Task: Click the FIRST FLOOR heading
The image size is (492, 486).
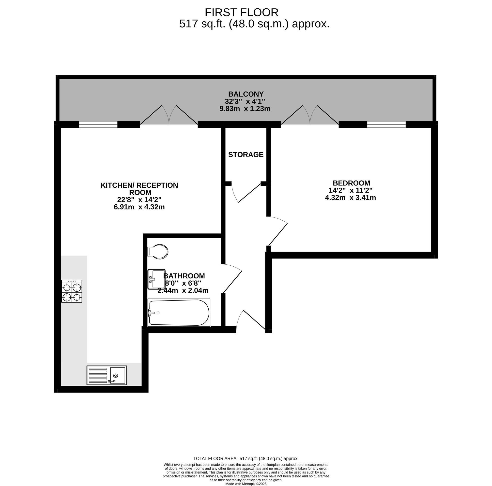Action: pyautogui.click(x=242, y=13)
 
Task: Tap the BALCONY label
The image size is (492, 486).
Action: pyautogui.click(x=246, y=94)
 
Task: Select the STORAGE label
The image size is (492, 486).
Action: pyautogui.click(x=246, y=155)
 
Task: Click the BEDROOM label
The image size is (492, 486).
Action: pyautogui.click(x=352, y=183)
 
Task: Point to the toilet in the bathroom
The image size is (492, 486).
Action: pyautogui.click(x=158, y=252)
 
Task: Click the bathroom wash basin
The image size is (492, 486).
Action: pyautogui.click(x=156, y=279)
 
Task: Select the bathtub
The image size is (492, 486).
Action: pyautogui.click(x=179, y=313)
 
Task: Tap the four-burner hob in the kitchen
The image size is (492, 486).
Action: pyautogui.click(x=72, y=291)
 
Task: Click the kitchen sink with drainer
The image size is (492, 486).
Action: pyautogui.click(x=107, y=376)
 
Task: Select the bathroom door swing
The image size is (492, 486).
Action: pyautogui.click(x=231, y=278)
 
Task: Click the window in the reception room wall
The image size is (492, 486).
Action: pyautogui.click(x=98, y=124)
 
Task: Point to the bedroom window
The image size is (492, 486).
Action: pyautogui.click(x=386, y=124)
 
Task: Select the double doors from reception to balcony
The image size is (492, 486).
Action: pyautogui.click(x=169, y=115)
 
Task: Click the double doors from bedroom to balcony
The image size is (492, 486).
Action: pyautogui.click(x=310, y=115)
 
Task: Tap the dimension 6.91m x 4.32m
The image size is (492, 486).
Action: pyautogui.click(x=139, y=207)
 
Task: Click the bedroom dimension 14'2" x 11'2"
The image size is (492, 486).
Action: pyautogui.click(x=350, y=190)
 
